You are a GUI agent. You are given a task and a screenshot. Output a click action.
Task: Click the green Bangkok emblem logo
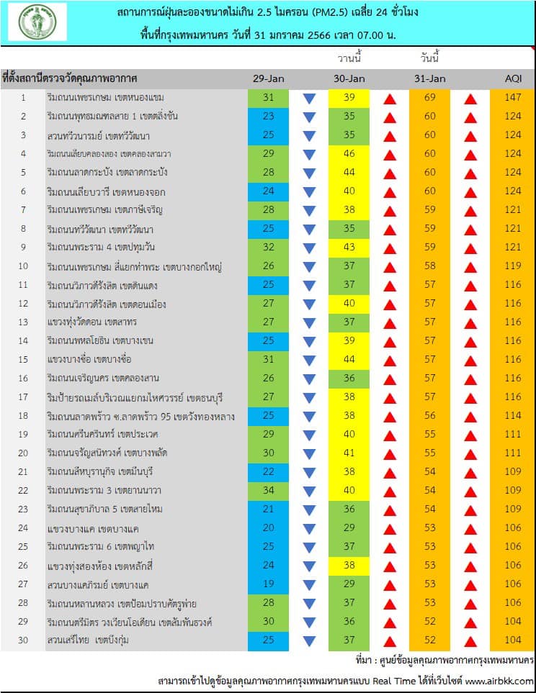pos(37,22)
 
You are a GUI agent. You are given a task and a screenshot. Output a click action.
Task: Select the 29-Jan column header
pos(268,78)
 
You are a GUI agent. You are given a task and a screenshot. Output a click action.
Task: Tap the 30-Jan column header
pos(349,78)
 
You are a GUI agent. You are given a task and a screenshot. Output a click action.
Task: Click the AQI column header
pos(513,78)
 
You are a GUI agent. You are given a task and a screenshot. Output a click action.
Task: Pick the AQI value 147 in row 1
pos(512,97)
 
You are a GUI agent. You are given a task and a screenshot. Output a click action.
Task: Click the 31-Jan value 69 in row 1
pos(429,97)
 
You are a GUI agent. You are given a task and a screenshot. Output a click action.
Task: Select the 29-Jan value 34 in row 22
pos(268,490)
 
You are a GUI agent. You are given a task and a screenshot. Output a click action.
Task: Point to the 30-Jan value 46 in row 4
pos(349,153)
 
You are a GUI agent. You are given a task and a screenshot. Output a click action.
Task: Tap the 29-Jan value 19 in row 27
pos(268,584)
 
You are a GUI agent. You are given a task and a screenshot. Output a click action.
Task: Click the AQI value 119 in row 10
pos(512,266)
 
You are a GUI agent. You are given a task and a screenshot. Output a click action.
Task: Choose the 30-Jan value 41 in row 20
pos(349,453)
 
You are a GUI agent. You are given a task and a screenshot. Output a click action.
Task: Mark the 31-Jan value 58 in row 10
pos(429,266)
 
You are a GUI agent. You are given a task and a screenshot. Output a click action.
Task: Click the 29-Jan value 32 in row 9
pos(268,247)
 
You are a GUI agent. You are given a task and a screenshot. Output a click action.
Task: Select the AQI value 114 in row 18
pos(512,415)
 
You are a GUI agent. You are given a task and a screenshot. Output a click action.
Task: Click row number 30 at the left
pos(23,640)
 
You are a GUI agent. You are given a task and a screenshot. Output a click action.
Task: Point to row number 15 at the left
pos(23,359)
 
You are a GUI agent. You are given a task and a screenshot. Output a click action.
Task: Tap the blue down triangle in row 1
pos(309,99)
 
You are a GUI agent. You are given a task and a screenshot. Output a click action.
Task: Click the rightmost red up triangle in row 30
pos(470,641)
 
